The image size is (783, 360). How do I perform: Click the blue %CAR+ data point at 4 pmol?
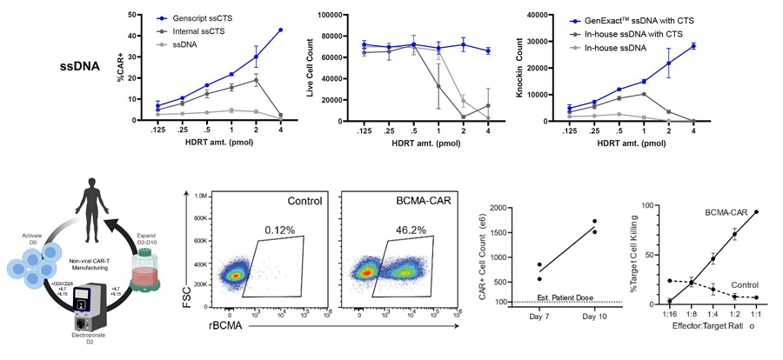tap(280, 30)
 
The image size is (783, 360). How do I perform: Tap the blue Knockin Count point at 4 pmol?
tap(693, 46)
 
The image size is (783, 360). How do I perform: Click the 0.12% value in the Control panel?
tap(280, 230)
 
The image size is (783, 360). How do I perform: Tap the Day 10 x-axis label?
tap(594, 316)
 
